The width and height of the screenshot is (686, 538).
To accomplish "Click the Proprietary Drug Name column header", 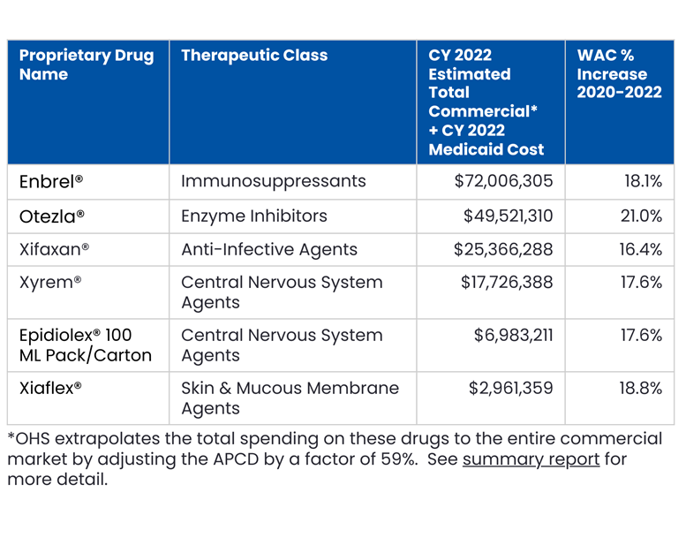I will click(87, 64).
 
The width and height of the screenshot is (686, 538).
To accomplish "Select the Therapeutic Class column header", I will click(254, 56).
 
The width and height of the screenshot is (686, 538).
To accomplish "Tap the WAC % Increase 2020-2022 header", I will click(619, 74).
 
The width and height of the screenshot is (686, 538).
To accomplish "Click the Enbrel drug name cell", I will click(51, 181).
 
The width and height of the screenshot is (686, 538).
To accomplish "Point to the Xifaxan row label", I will click(54, 250).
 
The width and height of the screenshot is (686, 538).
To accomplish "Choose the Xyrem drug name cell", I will click(50, 283).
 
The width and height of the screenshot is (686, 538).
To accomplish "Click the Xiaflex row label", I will click(50, 388).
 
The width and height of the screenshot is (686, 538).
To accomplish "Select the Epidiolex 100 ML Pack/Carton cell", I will click(85, 345).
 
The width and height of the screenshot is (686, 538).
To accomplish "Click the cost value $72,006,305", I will click(503, 181).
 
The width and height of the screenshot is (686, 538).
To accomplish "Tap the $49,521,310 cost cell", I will click(508, 216).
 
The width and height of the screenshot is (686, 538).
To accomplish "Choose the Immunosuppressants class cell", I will click(273, 181).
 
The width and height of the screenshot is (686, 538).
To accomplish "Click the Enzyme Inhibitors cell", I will click(254, 216).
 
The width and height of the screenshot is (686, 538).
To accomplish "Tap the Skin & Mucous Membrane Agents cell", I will click(290, 398).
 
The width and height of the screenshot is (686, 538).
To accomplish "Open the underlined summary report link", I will click(531, 459).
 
